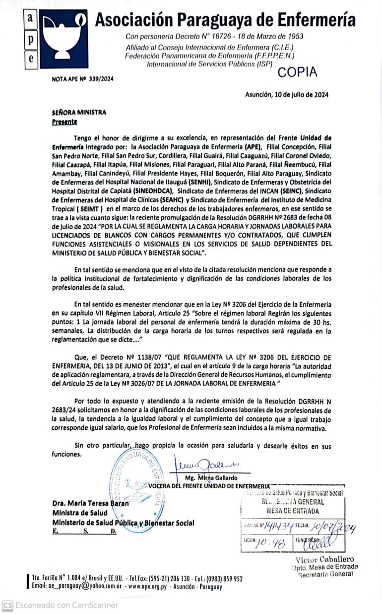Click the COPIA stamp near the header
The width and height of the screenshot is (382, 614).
(297, 72)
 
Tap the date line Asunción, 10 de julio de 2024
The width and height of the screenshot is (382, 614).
(286, 94)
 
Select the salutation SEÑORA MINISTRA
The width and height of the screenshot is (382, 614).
(79, 113)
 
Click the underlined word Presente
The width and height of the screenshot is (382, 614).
(64, 122)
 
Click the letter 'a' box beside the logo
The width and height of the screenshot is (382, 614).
(30, 18)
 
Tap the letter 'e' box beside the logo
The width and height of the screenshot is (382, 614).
(30, 58)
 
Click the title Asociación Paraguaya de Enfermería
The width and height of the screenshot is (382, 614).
(225, 20)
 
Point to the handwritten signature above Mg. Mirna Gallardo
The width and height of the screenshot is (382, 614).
(204, 465)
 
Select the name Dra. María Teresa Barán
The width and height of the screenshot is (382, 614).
(90, 503)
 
